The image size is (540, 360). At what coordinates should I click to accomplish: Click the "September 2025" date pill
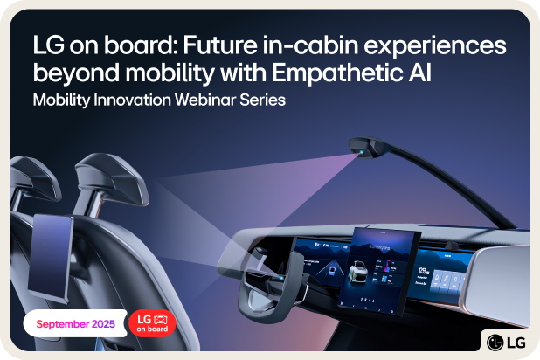click(x=74, y=323)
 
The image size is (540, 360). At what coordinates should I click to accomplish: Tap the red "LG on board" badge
click(x=152, y=323)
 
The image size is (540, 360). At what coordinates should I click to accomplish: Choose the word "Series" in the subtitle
click(x=263, y=100)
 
